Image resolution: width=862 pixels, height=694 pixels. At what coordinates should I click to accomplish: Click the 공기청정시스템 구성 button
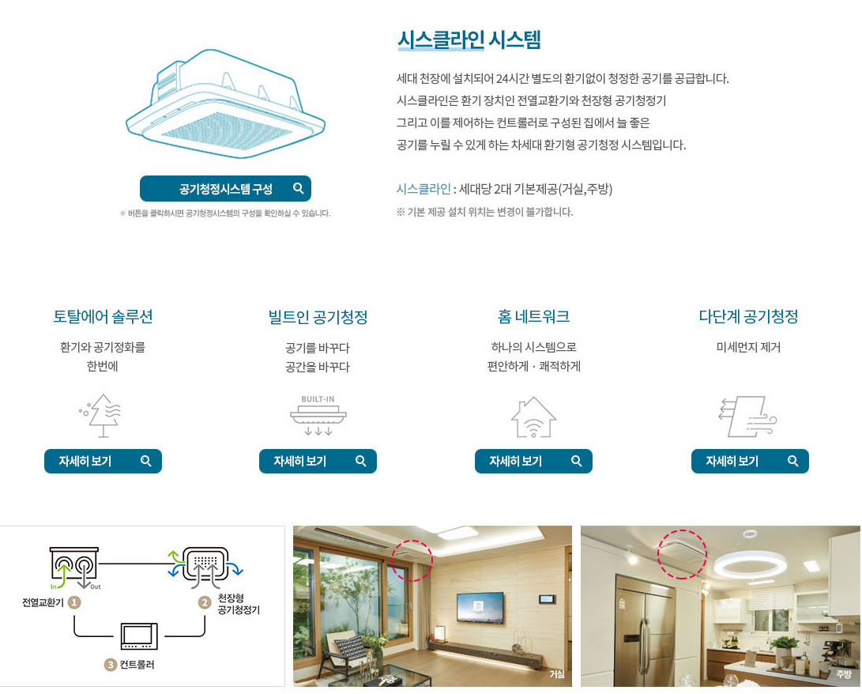point(225,189)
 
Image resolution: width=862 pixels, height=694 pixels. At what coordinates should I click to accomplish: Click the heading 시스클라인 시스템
point(469,40)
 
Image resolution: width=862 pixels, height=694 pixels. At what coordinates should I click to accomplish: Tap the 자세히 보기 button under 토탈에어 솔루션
point(103,462)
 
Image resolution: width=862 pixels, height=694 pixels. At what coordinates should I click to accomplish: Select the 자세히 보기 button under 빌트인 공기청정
point(318,462)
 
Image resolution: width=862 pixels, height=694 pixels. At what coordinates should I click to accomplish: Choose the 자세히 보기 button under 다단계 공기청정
point(750,462)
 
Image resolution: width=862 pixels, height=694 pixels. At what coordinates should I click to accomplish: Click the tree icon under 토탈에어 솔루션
point(103,415)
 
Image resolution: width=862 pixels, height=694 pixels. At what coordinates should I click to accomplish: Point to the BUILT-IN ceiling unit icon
point(318,415)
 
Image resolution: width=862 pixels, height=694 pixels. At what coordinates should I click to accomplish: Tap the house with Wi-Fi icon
point(533,417)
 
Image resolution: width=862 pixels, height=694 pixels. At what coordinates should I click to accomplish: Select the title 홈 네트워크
point(533,317)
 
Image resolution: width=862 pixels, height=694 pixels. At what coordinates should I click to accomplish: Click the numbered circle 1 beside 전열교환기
point(74,602)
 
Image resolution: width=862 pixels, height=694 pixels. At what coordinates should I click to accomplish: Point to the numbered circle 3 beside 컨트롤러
point(111,665)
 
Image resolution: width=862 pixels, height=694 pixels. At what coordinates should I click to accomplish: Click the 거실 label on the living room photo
point(557,674)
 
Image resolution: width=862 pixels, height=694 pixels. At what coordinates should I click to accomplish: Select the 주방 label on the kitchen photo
point(844,674)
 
